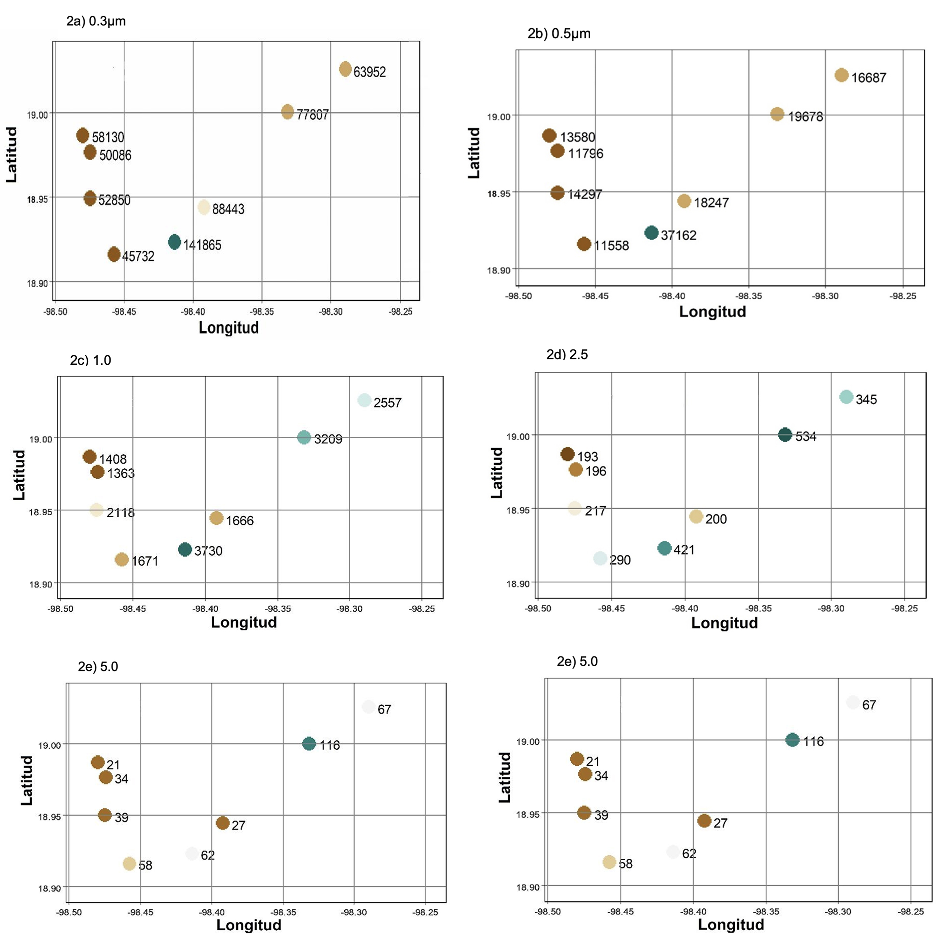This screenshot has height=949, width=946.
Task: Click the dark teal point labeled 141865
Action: click(174, 242)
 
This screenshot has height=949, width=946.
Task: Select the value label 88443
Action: click(228, 209)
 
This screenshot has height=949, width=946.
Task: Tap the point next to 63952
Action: click(345, 69)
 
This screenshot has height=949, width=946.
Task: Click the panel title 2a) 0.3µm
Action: click(96, 22)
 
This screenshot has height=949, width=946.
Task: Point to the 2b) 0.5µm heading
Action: click(559, 34)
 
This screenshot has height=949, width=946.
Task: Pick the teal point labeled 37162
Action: click(651, 233)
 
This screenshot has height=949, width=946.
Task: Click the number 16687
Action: click(869, 77)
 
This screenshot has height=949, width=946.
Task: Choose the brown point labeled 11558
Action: click(583, 244)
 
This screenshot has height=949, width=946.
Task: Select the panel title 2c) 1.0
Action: click(91, 360)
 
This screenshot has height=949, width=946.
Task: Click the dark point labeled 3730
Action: click(185, 549)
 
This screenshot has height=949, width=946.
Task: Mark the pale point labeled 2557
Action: click(364, 400)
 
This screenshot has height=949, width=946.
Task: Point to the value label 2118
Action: click(120, 513)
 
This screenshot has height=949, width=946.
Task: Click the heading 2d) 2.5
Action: click(567, 354)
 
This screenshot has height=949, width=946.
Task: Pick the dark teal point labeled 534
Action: click(785, 435)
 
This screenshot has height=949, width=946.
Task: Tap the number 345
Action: click(866, 399)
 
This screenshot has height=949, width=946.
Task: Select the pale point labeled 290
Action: click(600, 558)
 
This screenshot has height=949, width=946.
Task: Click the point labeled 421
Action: click(664, 548)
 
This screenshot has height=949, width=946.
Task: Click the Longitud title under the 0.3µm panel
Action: click(228, 328)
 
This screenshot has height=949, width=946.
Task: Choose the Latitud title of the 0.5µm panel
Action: click(474, 153)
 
